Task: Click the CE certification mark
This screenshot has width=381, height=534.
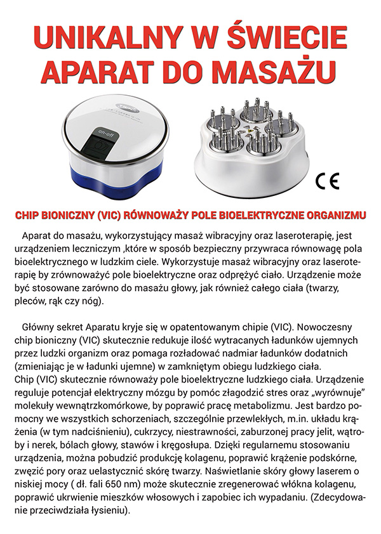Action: pos(328,181)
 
